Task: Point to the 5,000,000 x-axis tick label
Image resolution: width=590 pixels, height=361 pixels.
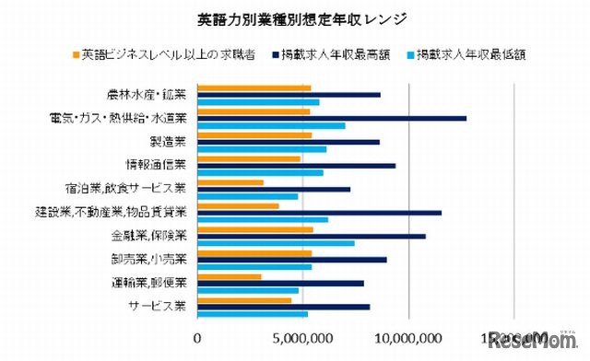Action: [x=303, y=338]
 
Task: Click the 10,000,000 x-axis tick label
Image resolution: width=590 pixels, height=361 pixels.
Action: [x=408, y=338]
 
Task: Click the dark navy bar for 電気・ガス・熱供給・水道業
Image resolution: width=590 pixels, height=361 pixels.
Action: [x=332, y=118]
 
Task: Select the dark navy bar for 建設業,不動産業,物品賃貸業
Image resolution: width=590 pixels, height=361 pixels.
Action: [x=320, y=212]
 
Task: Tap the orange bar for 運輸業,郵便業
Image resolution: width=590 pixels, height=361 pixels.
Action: [x=230, y=276]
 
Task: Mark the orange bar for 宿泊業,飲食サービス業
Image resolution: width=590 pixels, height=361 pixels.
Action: [x=230, y=182]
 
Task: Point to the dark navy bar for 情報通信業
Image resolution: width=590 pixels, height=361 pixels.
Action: [x=297, y=165]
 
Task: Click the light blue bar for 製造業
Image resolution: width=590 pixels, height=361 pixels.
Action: [x=262, y=149]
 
